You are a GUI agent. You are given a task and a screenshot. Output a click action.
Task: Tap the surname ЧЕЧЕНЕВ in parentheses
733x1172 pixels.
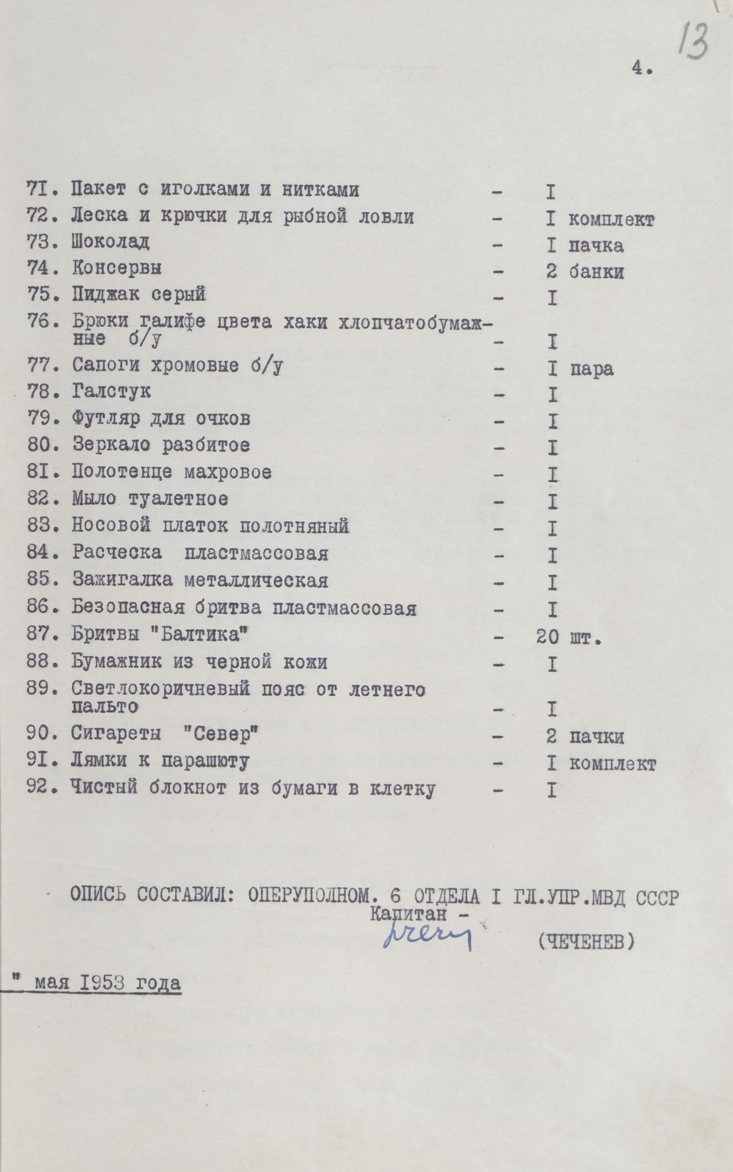click(x=586, y=942)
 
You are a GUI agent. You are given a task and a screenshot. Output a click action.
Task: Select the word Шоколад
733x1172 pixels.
click(x=110, y=241)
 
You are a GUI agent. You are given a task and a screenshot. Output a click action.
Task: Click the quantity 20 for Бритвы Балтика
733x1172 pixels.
click(x=547, y=637)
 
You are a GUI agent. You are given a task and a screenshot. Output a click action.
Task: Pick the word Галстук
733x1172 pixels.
click(x=111, y=391)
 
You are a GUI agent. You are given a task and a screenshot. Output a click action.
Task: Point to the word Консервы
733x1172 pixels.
click(x=117, y=268)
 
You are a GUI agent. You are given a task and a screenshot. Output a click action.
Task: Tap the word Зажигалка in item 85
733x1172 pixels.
click(x=122, y=580)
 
